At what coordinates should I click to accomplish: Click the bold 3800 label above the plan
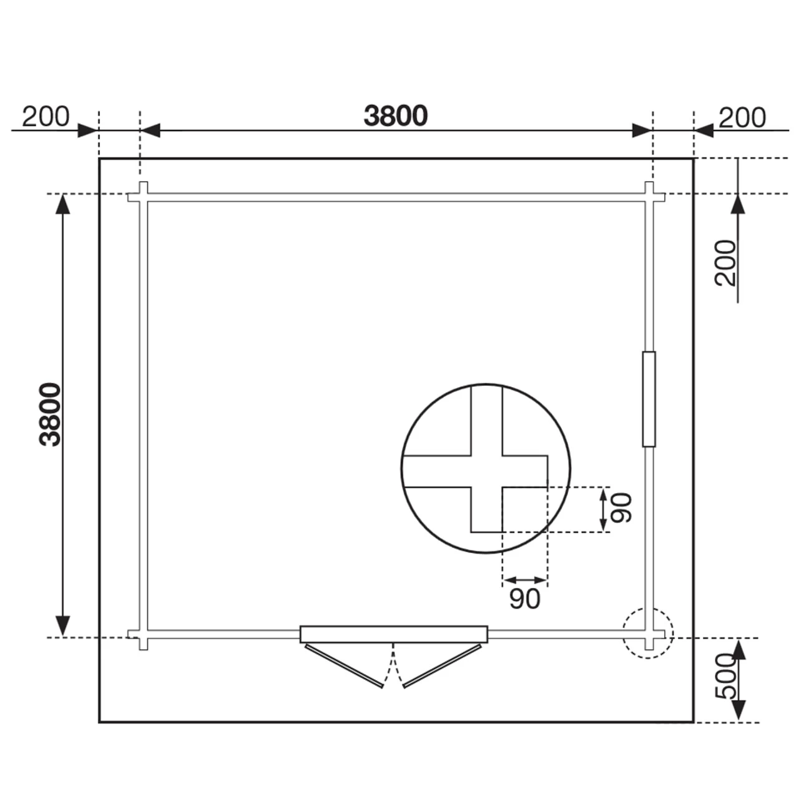click(396, 116)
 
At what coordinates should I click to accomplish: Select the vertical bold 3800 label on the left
click(51, 414)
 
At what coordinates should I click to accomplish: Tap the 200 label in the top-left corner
click(46, 117)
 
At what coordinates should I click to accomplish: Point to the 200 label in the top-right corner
click(742, 117)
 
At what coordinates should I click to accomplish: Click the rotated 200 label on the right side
click(726, 263)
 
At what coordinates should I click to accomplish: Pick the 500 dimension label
click(724, 677)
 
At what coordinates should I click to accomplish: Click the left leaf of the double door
click(344, 666)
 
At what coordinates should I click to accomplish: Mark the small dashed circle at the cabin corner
click(648, 633)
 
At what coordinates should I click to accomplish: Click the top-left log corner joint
click(143, 197)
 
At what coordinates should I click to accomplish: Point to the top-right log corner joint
click(649, 197)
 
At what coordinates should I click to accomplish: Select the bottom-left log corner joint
click(143, 635)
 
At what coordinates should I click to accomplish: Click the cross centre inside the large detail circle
click(486, 471)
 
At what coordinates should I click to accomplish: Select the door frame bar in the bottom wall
click(393, 634)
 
